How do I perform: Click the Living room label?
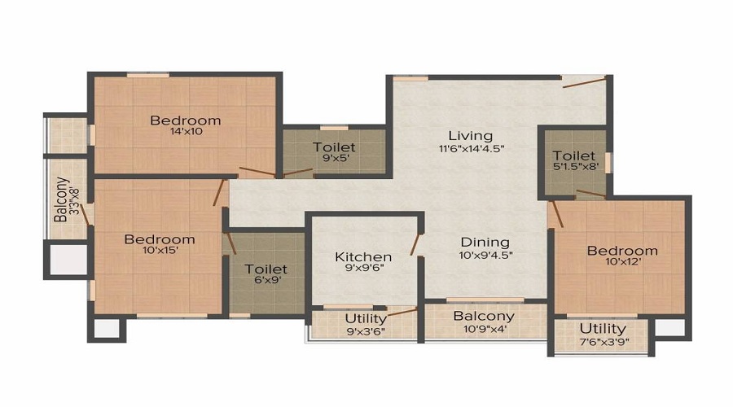470,135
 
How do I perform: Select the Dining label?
485,242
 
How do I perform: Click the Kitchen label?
363,257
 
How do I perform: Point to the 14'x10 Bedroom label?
185,120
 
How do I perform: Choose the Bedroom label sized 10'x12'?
621,250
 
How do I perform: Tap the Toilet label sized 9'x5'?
334,147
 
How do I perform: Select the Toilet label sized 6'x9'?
266,269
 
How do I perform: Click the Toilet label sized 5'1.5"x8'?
573,155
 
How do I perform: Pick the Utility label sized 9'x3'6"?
366,318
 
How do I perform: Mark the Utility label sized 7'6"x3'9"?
603,328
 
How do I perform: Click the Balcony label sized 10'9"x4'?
484,316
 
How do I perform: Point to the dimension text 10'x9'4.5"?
485,255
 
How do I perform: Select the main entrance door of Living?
584,81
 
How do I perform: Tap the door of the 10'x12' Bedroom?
555,213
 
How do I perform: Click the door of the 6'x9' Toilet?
231,243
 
